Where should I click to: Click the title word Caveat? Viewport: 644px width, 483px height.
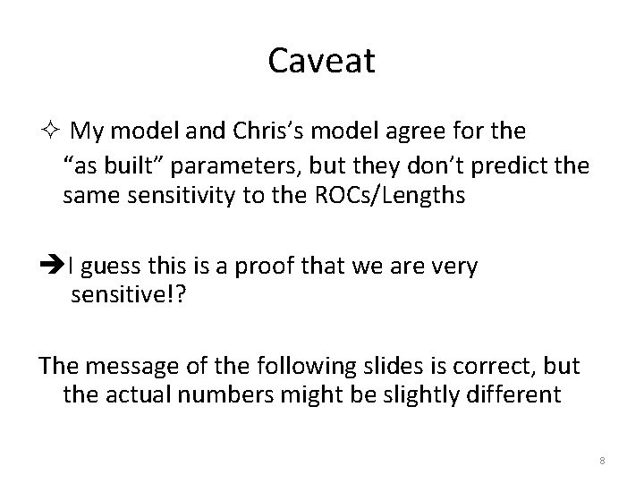(321, 61)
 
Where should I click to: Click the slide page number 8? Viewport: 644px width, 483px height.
(602, 461)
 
